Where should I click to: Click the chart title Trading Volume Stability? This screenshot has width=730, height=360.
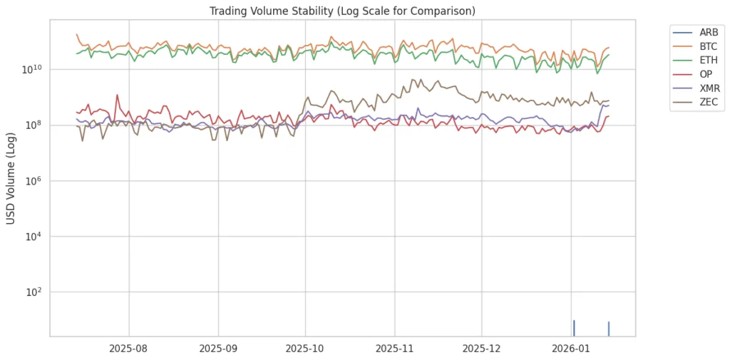point(342,11)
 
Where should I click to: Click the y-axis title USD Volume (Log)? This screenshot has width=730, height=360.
point(11,178)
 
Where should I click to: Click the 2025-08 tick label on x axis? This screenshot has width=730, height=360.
point(129,349)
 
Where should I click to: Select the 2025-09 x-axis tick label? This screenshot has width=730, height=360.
point(218,349)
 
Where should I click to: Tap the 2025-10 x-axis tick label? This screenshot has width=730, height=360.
point(305,349)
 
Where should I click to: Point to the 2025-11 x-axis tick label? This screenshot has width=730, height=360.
point(394,349)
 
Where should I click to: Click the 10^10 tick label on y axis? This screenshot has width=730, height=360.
point(33,69)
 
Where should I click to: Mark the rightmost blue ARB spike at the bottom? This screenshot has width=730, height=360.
point(609,329)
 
